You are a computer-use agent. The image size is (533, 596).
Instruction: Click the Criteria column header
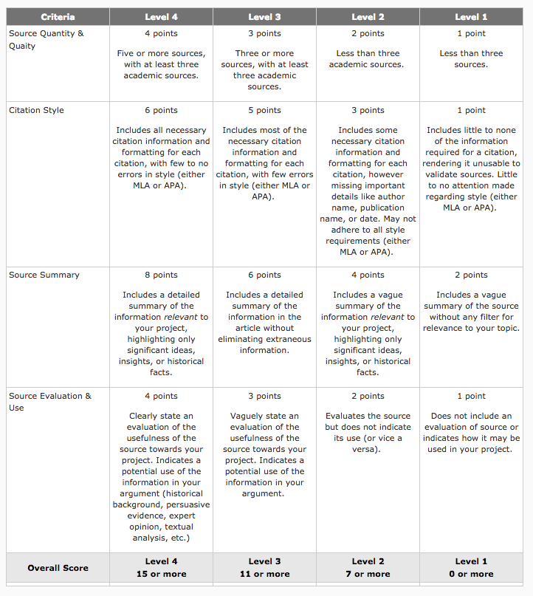[58, 17]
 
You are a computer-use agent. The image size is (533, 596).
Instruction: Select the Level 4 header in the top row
[161, 17]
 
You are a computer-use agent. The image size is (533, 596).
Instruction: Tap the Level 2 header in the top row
[368, 17]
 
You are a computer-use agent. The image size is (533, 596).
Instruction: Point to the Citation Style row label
[36, 110]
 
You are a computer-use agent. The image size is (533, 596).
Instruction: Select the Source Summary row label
[44, 275]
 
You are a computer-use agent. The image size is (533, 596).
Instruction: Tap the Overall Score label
[58, 568]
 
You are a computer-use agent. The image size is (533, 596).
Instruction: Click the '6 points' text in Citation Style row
[161, 110]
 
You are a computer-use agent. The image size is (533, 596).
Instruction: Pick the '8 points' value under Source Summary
[161, 275]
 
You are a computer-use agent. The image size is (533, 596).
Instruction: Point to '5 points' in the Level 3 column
[264, 110]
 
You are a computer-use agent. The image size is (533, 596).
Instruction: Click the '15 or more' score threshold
[161, 574]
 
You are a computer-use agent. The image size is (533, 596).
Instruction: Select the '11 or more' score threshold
[264, 574]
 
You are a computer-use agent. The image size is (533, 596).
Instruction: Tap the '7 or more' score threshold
[368, 574]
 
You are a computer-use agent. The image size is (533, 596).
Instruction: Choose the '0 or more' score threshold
[471, 574]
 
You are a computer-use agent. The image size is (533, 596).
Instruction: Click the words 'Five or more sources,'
[161, 53]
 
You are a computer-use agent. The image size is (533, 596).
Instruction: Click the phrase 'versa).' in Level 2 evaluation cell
[368, 449]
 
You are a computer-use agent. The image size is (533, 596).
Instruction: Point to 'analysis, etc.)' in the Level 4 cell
[161, 538]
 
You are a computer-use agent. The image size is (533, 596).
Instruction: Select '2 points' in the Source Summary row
[471, 275]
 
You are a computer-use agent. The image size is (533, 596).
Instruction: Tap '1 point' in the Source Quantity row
[471, 33]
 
